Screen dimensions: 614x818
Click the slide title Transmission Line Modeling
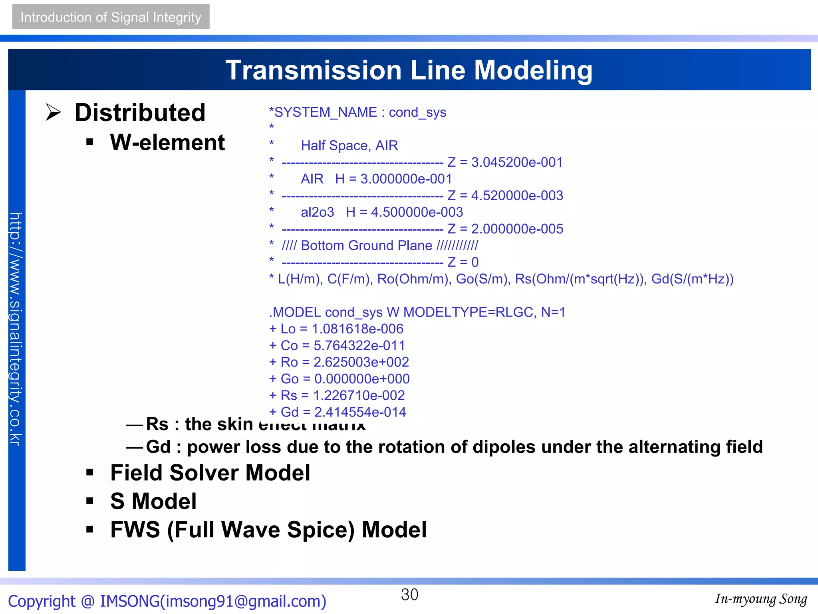click(409, 70)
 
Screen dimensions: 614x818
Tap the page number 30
click(409, 595)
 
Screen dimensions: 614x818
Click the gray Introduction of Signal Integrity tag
click(111, 17)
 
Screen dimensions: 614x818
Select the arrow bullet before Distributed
click(53, 112)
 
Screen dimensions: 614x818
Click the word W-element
click(167, 142)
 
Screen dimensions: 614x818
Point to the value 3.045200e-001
click(517, 162)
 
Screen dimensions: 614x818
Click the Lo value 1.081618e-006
click(357, 329)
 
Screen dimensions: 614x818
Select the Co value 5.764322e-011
click(359, 345)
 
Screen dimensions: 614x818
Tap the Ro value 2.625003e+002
click(361, 362)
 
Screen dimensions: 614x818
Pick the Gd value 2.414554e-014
click(360, 412)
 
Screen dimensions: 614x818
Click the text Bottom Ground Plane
click(366, 245)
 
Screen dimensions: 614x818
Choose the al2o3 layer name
click(317, 212)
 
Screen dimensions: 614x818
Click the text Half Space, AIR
click(349, 146)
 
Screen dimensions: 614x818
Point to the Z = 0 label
click(463, 262)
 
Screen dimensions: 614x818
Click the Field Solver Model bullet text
click(210, 473)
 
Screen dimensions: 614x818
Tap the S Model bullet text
click(153, 501)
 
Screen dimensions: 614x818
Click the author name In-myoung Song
click(761, 599)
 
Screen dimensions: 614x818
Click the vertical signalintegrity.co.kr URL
click(16, 329)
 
